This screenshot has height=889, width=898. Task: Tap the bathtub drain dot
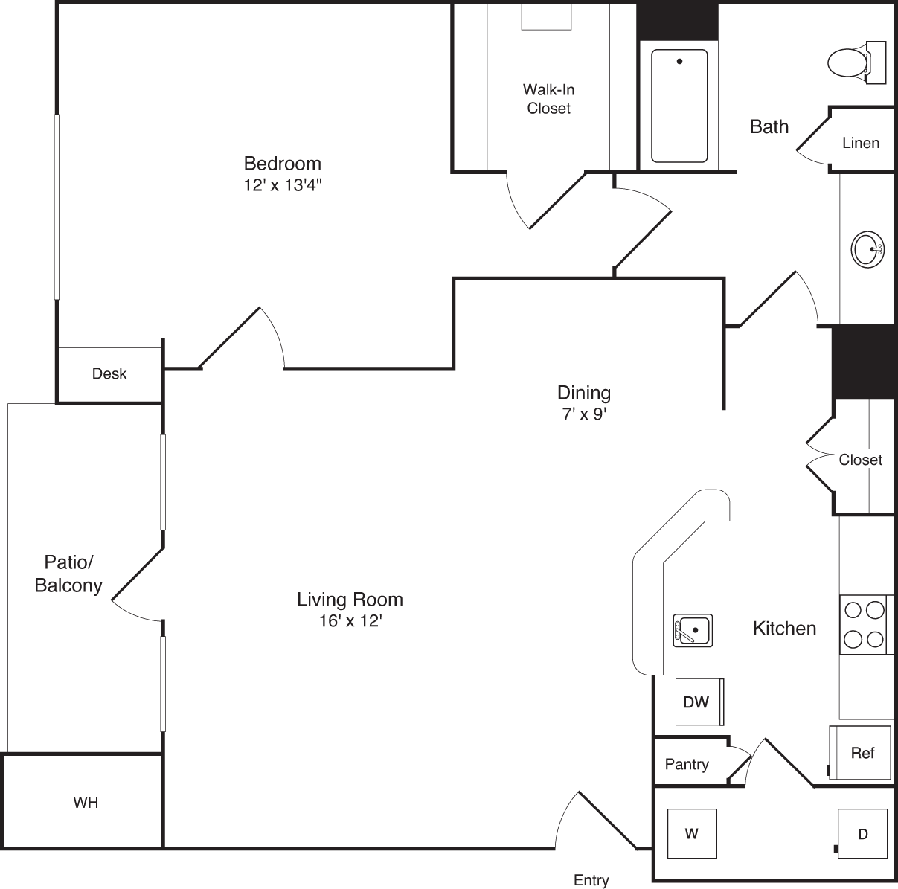coord(679,62)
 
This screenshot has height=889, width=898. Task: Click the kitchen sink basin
coord(693,630)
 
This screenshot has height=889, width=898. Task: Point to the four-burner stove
coord(865,624)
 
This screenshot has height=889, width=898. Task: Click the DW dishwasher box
coord(697,702)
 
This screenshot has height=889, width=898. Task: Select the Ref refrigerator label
coord(862,753)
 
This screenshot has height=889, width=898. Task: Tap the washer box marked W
coord(692,833)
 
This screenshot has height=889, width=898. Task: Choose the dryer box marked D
coord(863,834)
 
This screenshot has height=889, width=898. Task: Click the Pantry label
coord(687,764)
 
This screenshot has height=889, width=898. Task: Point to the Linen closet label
coord(861,143)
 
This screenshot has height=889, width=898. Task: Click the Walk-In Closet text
coord(548,99)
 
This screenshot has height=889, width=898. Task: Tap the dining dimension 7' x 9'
coord(585,414)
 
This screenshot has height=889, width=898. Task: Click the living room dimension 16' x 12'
coord(350,621)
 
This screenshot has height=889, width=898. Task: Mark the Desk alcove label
coord(109,373)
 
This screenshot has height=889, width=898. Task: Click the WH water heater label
coord(86,803)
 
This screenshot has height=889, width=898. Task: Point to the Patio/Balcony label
coord(68,574)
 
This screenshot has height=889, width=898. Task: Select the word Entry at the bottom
coord(591,880)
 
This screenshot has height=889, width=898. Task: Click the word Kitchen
coord(784,629)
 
